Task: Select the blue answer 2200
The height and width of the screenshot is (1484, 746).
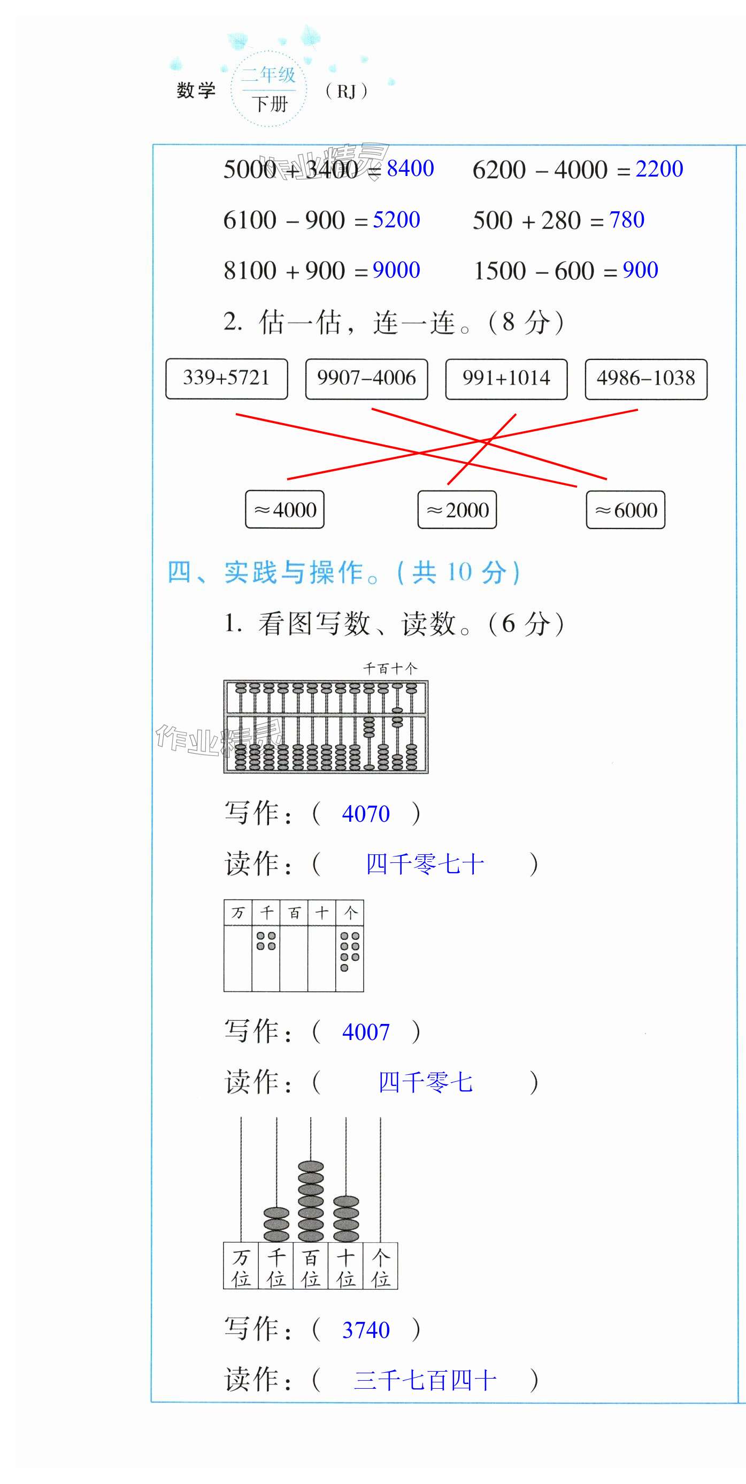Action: [x=659, y=169]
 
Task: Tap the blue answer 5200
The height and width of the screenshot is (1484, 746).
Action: [x=396, y=219]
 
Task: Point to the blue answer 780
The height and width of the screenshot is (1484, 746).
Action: [x=626, y=219]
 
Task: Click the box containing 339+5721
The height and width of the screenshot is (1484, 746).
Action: [x=226, y=378]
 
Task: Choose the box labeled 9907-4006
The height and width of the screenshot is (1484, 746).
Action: [x=366, y=378]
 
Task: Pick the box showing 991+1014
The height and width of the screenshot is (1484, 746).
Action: [x=506, y=378]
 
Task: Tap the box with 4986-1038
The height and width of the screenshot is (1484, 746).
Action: [x=646, y=378]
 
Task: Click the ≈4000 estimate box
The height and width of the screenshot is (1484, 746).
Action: [x=284, y=510]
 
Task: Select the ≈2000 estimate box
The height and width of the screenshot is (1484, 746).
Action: [x=457, y=510]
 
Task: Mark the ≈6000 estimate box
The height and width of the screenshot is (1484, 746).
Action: [x=626, y=510]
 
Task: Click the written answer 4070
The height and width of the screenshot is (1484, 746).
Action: [x=366, y=814]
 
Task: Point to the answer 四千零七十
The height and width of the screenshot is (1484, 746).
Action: [x=425, y=864]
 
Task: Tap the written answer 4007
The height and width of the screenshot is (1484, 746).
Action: [x=366, y=1032]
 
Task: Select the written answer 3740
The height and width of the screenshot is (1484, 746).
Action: [x=366, y=1330]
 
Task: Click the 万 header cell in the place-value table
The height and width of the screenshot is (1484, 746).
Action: [x=238, y=913]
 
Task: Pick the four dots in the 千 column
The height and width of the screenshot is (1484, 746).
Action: [x=266, y=941]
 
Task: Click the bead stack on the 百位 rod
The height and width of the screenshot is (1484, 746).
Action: [x=311, y=1200]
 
